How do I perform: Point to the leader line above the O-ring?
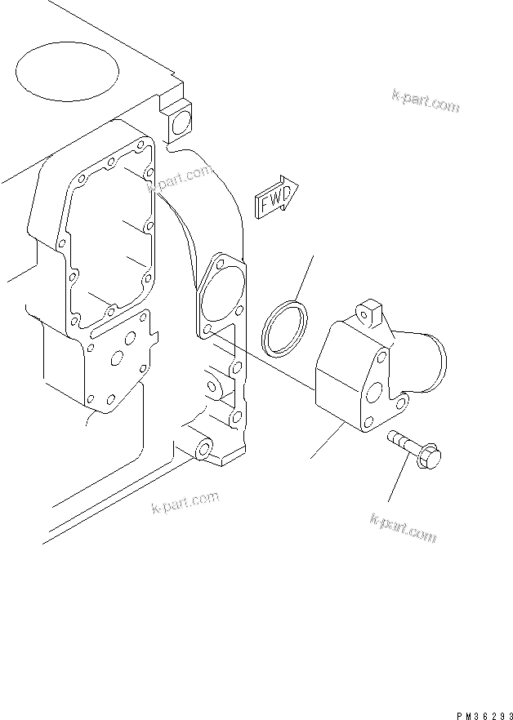tap(303, 277)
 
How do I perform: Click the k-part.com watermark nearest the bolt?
tap(404, 525)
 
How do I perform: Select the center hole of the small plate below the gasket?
tap(119, 358)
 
